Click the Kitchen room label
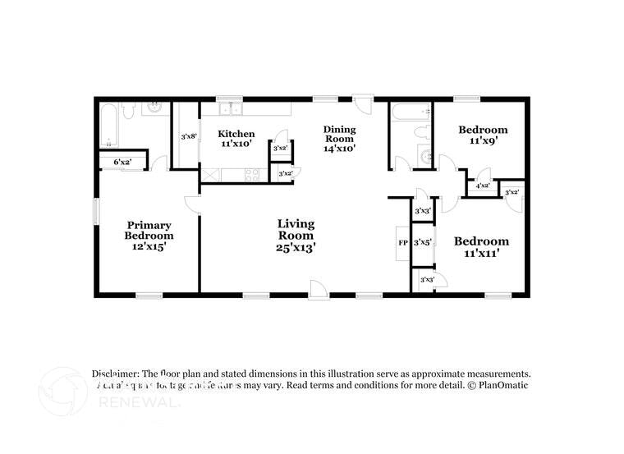tap(236, 134)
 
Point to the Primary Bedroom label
tap(149, 231)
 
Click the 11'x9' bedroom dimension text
tap(483, 141)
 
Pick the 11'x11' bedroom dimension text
tap(481, 253)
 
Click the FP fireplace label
tap(403, 243)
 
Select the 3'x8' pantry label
tap(188, 136)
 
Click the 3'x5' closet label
tap(423, 242)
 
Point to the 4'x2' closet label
tap(483, 186)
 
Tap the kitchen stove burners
tap(252, 174)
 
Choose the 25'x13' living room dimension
tap(296, 245)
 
